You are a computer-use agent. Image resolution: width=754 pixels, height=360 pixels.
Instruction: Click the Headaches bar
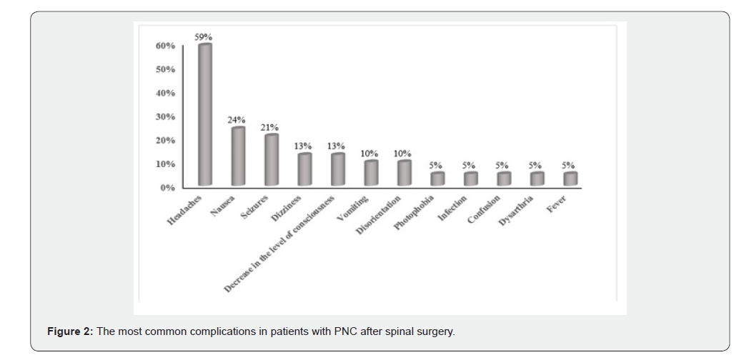pos(204,115)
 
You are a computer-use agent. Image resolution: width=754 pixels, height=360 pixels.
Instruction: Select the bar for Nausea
pos(237,156)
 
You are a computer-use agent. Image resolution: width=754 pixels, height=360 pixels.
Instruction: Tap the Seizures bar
pos(271,160)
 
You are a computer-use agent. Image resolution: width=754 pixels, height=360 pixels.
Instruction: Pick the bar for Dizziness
pos(304,170)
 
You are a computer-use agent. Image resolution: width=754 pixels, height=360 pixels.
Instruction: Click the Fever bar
pos(570,179)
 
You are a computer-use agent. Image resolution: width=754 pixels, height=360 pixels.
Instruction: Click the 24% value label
pos(237,119)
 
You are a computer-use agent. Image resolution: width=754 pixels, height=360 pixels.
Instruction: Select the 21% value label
pos(269,126)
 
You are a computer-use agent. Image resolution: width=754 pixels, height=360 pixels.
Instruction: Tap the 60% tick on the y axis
pos(165,46)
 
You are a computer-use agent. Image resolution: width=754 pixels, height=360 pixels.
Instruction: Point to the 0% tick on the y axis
pos(167,188)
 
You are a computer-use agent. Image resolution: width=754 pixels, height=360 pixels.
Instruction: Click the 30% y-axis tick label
pos(165,117)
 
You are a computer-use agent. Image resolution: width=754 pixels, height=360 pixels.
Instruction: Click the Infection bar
pos(470,179)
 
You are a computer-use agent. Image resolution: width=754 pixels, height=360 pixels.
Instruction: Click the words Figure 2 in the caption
pos(69,332)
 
